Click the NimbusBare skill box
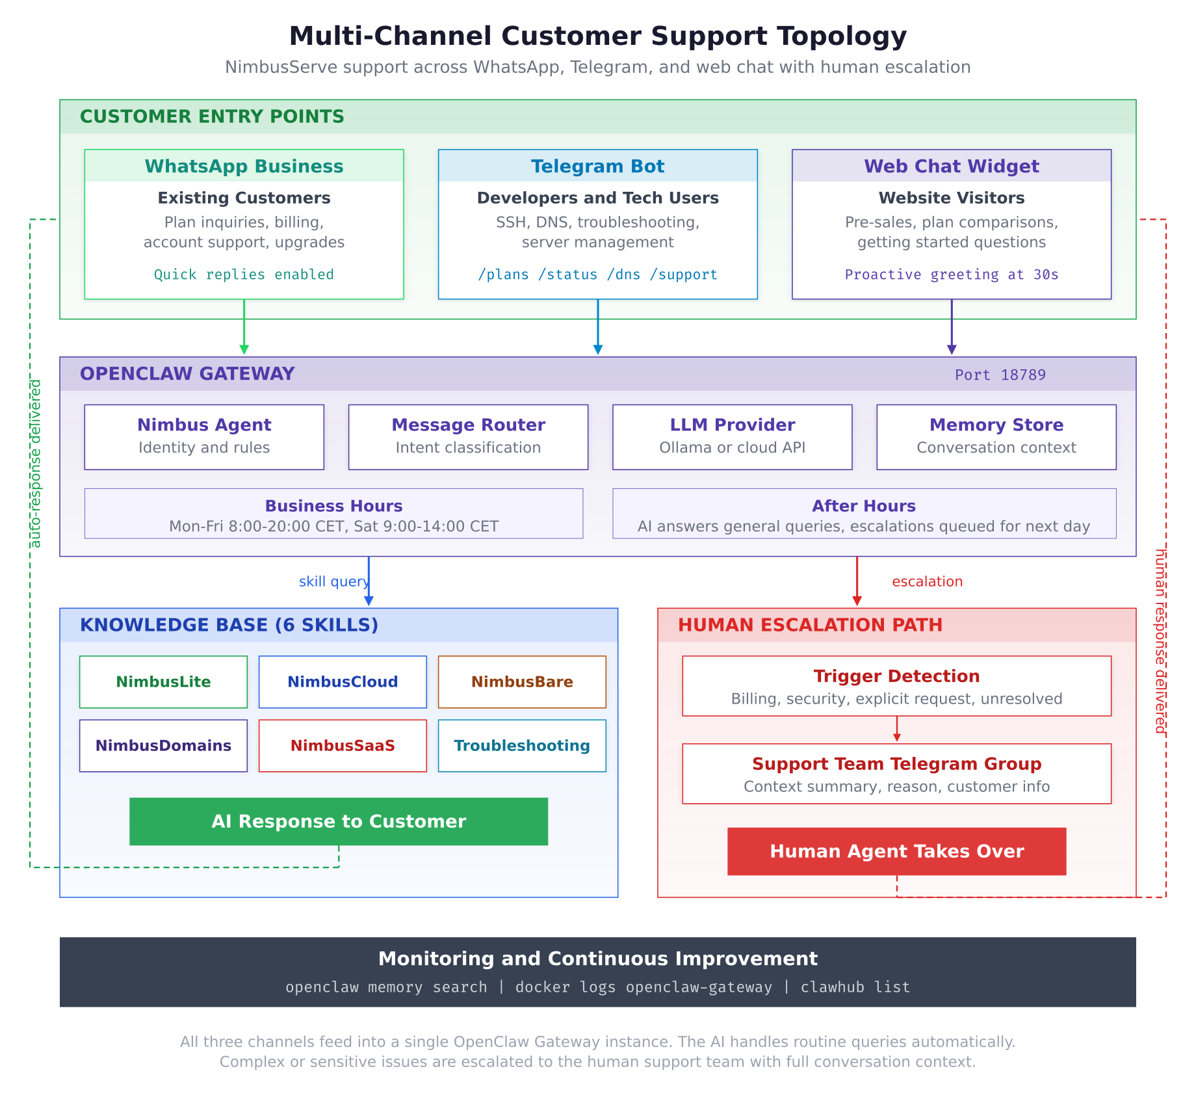[x=522, y=681]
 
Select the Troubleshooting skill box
[x=522, y=745]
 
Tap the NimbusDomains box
[x=163, y=745]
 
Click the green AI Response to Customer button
[x=339, y=821]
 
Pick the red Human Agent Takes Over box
[x=896, y=851]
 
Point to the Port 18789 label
[x=1000, y=375]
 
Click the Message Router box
[x=468, y=436]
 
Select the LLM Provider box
[x=732, y=436]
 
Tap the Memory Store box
[x=996, y=436]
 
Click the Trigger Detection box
[x=896, y=686]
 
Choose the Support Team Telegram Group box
[x=896, y=774]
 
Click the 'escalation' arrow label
[x=927, y=581]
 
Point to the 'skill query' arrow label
[x=333, y=581]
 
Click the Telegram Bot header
[x=597, y=166]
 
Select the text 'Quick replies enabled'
[x=244, y=274]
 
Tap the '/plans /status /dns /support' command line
[x=597, y=274]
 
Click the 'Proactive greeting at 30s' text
[x=951, y=274]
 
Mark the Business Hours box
[x=333, y=514]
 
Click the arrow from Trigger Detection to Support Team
[x=896, y=729]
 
